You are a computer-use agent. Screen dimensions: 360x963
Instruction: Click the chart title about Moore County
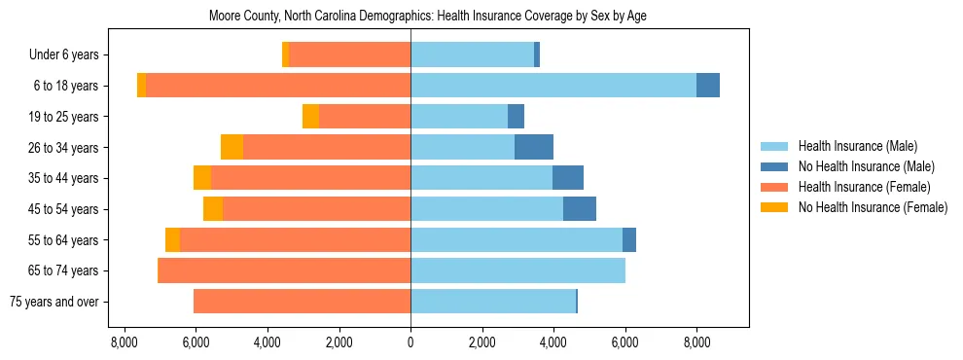click(428, 17)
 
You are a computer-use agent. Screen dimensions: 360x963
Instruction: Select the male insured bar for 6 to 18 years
click(553, 86)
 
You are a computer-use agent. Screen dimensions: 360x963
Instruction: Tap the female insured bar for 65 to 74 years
click(284, 270)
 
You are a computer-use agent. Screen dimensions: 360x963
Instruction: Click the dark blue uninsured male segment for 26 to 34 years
click(534, 147)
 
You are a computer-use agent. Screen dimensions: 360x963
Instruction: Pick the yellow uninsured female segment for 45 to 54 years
click(213, 209)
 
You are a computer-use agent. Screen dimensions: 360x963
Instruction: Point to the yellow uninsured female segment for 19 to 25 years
click(310, 117)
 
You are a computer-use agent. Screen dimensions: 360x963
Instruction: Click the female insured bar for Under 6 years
click(349, 54)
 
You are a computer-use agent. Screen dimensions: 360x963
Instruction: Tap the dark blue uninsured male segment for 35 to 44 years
click(568, 178)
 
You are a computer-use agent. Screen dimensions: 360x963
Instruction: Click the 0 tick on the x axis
click(410, 342)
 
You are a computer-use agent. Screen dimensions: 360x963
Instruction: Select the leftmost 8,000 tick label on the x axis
click(125, 342)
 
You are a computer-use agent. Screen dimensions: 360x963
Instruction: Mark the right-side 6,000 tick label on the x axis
click(624, 342)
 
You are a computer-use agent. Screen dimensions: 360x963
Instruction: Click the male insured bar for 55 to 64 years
click(517, 239)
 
